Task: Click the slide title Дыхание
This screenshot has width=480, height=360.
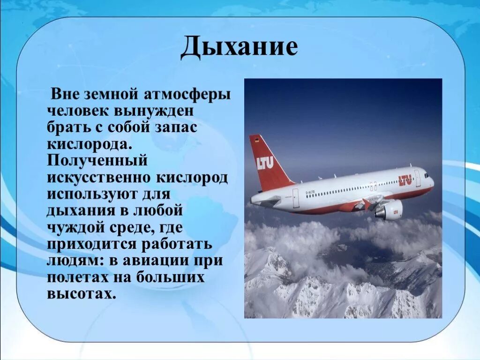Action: [239, 48]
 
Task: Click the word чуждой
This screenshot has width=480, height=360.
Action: [75, 227]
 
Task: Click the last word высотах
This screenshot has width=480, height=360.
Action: [81, 293]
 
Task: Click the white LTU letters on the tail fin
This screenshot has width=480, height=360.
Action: [265, 163]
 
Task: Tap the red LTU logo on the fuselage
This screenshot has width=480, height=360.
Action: [405, 180]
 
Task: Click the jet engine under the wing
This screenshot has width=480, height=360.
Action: [389, 210]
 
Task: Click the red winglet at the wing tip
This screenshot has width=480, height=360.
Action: [366, 204]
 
